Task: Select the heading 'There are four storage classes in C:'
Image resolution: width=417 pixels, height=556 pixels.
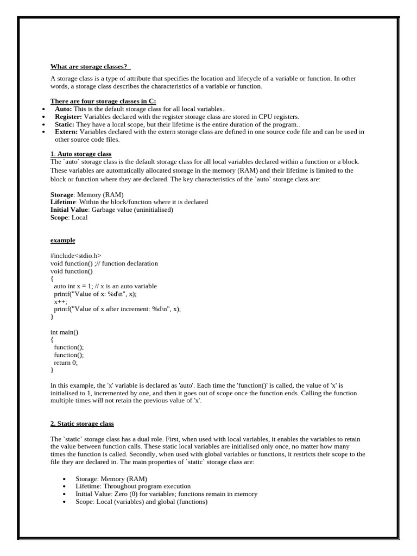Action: click(x=103, y=101)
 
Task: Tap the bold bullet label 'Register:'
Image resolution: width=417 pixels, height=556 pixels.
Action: click(x=68, y=117)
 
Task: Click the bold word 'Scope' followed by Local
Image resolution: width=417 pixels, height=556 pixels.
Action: click(x=59, y=217)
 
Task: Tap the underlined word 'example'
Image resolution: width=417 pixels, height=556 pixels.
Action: click(x=62, y=240)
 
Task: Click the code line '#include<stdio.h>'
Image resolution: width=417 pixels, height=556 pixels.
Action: click(x=75, y=256)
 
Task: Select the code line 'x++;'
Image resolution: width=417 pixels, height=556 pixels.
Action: click(x=60, y=301)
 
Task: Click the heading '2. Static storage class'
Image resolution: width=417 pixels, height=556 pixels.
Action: click(x=82, y=424)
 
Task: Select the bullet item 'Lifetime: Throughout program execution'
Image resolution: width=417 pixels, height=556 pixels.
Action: click(x=133, y=486)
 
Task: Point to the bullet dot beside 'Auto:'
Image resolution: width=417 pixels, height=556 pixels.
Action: click(x=43, y=109)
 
